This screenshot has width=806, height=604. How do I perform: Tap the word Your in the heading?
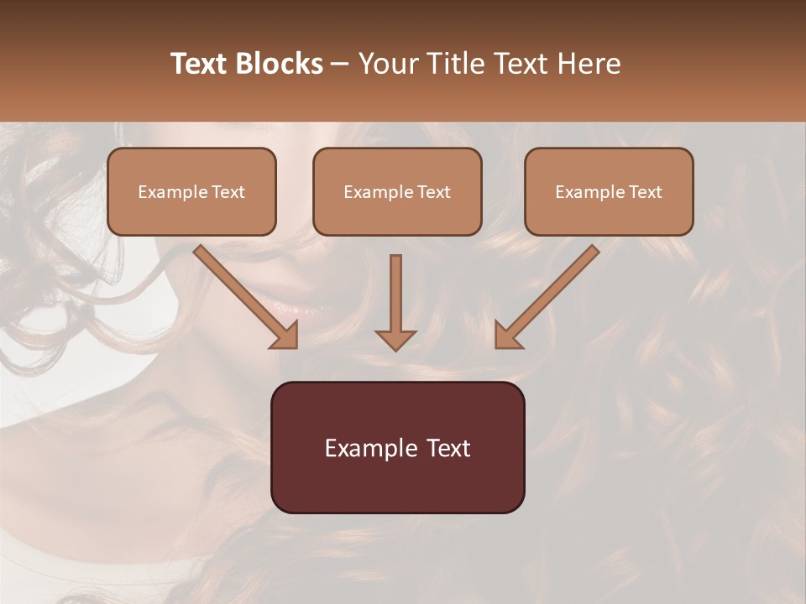coord(385,64)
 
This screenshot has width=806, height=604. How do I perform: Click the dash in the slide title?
coord(340,65)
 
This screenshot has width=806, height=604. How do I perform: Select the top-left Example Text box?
coord(191,191)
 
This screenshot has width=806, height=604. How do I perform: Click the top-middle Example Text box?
coord(397,191)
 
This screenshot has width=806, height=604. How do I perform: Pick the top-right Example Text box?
coord(609,191)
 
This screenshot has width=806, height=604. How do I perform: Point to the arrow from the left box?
coord(243,294)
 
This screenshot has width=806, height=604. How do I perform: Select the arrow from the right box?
coord(550,294)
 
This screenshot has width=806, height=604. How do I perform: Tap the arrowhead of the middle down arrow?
coord(395,340)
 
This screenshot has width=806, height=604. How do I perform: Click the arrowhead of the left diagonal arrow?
coord(286,336)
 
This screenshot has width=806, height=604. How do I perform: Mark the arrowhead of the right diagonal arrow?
coord(506,336)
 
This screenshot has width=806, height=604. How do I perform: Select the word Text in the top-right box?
coord(645,191)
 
